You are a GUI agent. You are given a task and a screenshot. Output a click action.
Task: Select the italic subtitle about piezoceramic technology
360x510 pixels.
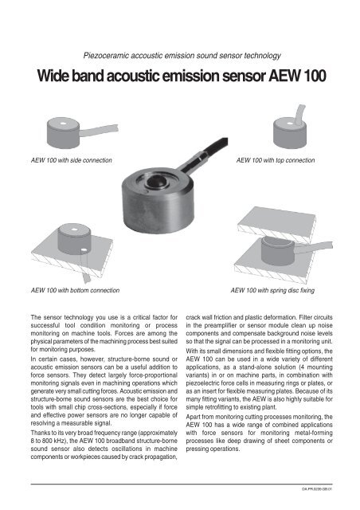pos(180,55)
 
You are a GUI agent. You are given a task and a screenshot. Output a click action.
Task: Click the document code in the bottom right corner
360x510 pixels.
pos(330,499)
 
